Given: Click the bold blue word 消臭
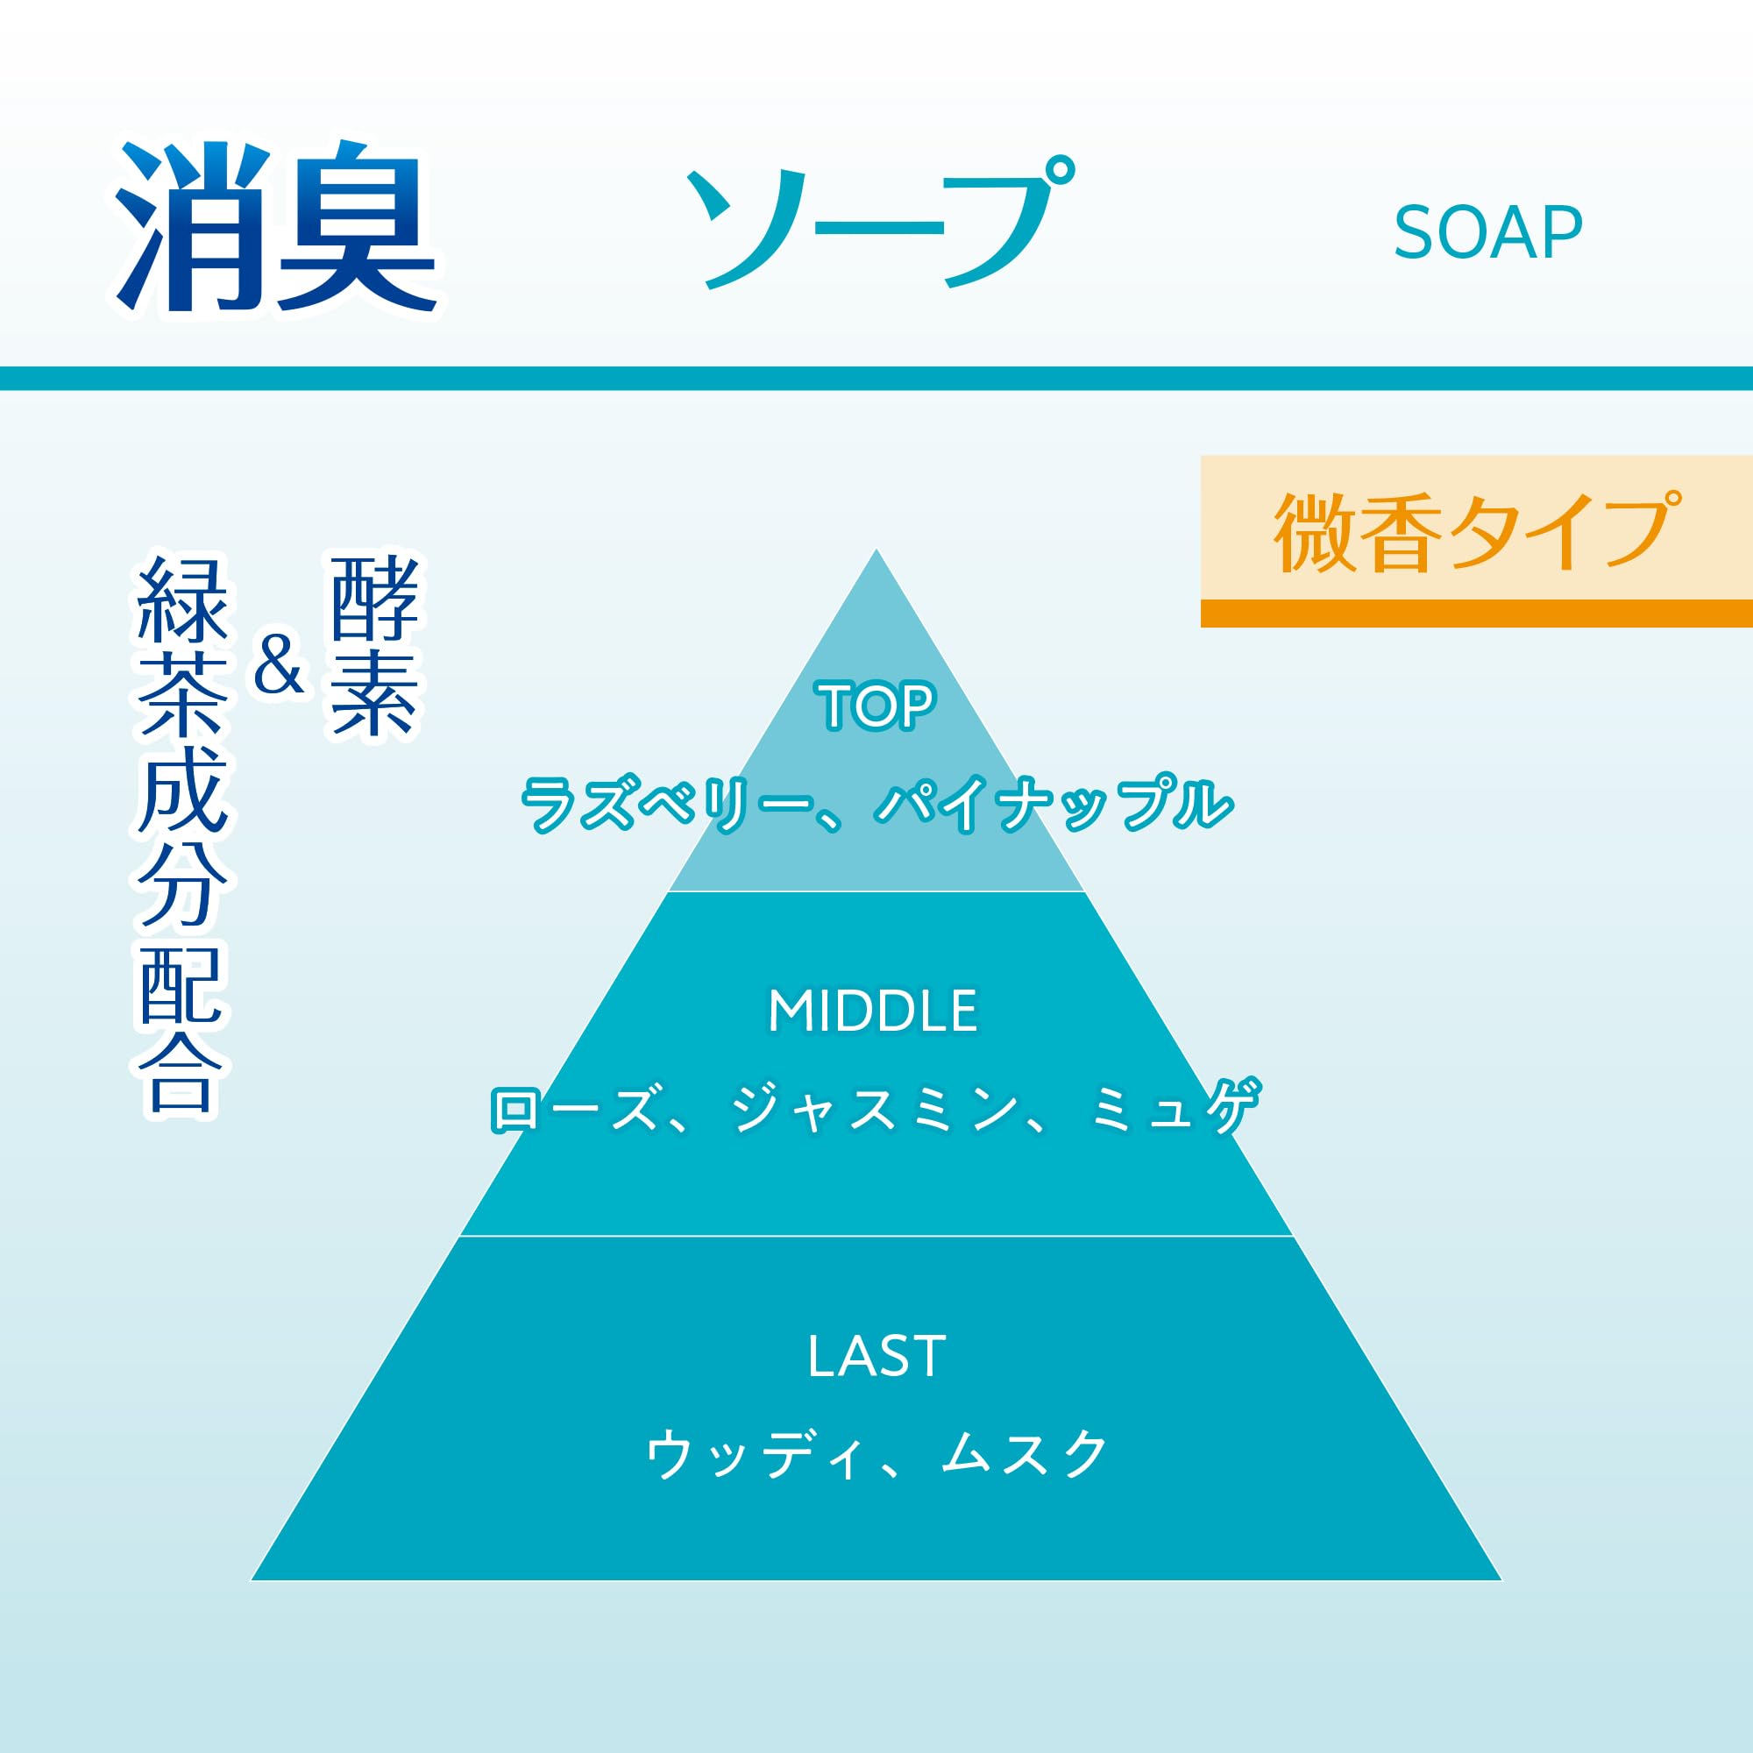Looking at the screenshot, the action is tap(277, 229).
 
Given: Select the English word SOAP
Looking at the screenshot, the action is tap(1488, 233).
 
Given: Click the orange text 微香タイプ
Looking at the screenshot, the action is tap(1477, 533).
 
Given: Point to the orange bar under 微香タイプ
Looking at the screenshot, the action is tap(1476, 614).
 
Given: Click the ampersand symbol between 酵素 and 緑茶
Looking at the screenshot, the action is tap(279, 664).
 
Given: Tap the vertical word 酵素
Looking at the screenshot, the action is tap(375, 646).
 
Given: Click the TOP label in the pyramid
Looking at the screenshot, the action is tap(876, 706).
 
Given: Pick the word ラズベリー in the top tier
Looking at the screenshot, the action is tap(668, 805).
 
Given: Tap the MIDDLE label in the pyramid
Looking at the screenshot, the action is tap(873, 1011).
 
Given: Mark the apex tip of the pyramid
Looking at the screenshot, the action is tap(876, 549).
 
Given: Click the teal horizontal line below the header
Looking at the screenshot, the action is tap(876, 379).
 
